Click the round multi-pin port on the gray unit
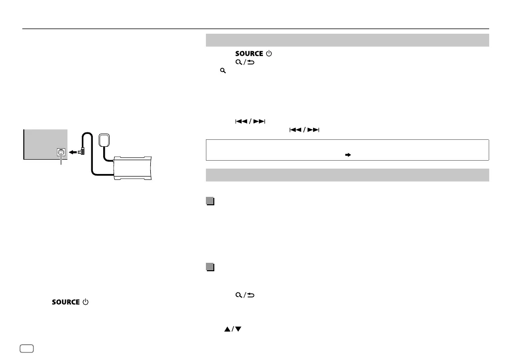coord(61,152)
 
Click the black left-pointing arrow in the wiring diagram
coord(73,152)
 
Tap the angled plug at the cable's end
coord(82,151)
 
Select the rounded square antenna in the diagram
coord(104,140)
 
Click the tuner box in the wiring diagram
coord(132,168)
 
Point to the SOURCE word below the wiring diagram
coord(65,302)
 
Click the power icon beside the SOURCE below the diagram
coord(85,302)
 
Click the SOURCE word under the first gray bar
coord(249,54)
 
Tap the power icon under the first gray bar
coord(269,53)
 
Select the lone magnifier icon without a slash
coord(223,70)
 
